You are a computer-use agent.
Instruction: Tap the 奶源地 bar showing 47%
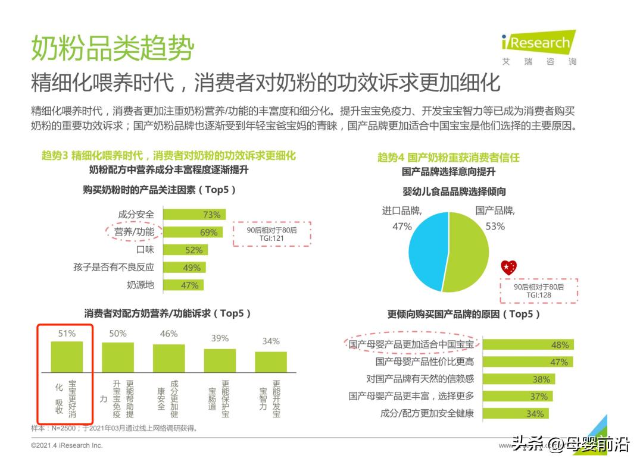[x=183, y=285]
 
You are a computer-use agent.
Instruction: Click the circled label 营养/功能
[x=134, y=232]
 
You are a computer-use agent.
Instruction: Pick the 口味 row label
[x=145, y=250]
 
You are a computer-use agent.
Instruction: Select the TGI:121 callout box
[x=271, y=234]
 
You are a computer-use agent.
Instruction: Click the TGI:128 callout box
[x=539, y=290]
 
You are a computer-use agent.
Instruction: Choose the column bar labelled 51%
[x=67, y=356]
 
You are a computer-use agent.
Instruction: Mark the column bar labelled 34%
[x=271, y=361]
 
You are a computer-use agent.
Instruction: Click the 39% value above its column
[x=220, y=338]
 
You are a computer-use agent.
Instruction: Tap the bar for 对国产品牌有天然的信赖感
[x=518, y=379]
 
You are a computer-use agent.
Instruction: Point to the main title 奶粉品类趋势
[x=113, y=48]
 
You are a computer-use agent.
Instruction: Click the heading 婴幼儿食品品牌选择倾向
[x=454, y=191]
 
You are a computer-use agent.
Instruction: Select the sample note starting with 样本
[x=114, y=428]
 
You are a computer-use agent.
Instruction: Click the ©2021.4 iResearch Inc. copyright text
[x=67, y=445]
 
